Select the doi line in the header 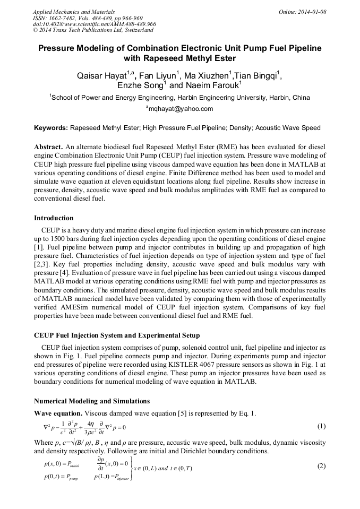coord(94,24)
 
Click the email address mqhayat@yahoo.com coord(181,109)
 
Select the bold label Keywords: coord(50,128)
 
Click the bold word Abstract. coord(48,146)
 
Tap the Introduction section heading coord(54,218)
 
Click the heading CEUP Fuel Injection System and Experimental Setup coord(117,335)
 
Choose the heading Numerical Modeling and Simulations coord(92,401)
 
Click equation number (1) coord(321,426)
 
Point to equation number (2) coord(321,466)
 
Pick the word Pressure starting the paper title coord(59,48)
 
